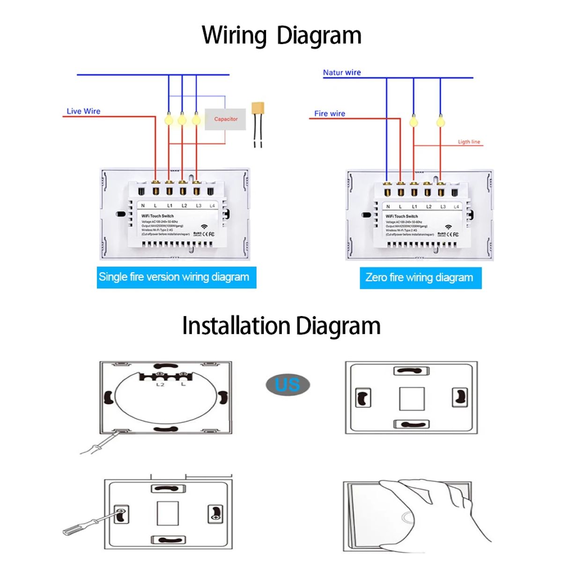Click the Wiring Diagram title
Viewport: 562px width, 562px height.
click(x=281, y=36)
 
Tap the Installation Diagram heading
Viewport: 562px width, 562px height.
click(x=281, y=326)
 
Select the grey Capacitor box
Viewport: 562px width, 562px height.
click(x=225, y=119)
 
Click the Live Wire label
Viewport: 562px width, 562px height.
click(x=83, y=111)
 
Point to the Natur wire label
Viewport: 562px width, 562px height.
click(x=342, y=73)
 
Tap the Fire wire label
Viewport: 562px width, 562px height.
click(x=330, y=113)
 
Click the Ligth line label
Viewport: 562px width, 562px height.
click(x=469, y=142)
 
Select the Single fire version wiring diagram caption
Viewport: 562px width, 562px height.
click(x=174, y=277)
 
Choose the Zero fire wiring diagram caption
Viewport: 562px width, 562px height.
click(x=419, y=278)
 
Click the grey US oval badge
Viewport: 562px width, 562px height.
click(x=288, y=385)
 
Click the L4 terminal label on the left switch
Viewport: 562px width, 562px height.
click(x=212, y=206)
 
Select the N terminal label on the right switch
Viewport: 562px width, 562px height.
click(x=388, y=207)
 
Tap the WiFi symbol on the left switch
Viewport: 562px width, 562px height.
click(x=204, y=227)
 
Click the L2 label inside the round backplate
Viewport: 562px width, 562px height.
click(x=160, y=385)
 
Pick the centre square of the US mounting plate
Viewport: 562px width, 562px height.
click(x=412, y=399)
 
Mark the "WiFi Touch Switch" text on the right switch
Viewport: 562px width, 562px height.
click(x=402, y=216)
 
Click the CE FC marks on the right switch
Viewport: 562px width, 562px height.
click(x=452, y=234)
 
